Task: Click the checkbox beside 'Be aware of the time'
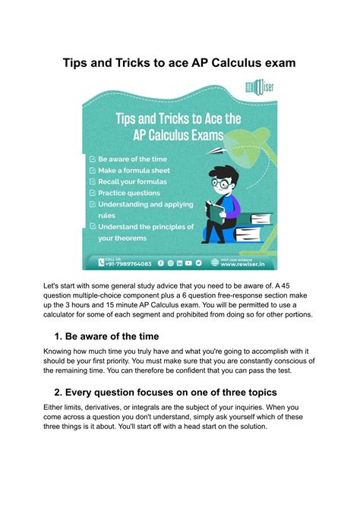pos(93,159)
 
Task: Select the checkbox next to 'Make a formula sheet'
pos(93,171)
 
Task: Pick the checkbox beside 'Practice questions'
pos(93,193)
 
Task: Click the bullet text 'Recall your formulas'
pos(132,182)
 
